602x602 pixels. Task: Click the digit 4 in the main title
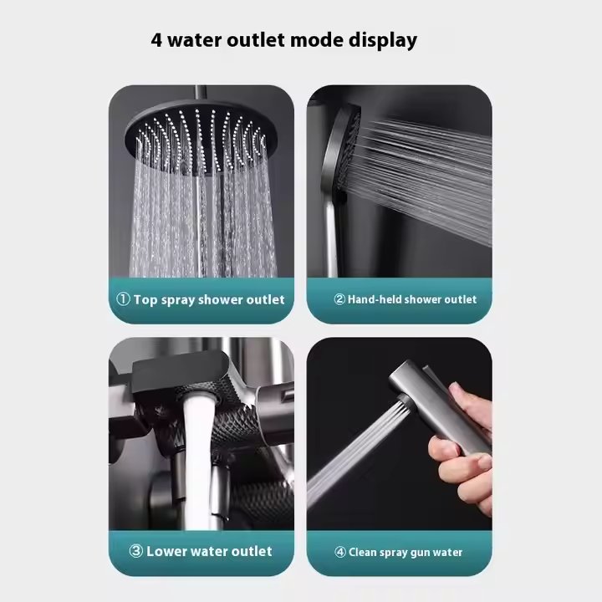tap(156, 40)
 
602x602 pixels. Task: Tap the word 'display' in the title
tap(382, 41)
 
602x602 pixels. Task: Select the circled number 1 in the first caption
tap(123, 299)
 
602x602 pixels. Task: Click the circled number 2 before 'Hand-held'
tap(339, 299)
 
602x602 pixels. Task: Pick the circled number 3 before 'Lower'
tap(136, 551)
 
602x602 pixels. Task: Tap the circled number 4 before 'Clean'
tap(340, 552)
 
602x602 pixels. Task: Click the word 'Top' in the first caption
tap(145, 300)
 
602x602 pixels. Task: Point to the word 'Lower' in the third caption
tap(166, 551)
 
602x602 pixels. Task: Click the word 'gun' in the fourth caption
tap(421, 554)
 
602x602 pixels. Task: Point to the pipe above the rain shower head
tap(200, 94)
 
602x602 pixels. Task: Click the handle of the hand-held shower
tap(331, 235)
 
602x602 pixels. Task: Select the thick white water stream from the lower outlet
tap(197, 461)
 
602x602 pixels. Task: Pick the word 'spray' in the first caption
tap(178, 300)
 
